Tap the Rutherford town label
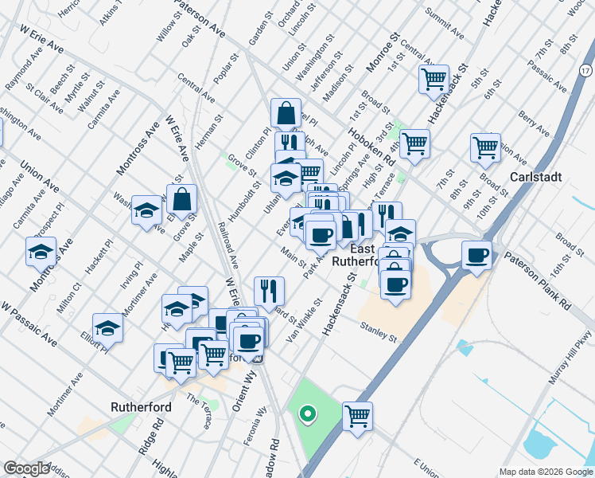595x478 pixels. (x=142, y=406)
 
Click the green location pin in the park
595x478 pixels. (x=305, y=413)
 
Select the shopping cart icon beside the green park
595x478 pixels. (x=358, y=415)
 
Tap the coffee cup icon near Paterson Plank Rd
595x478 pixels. (x=476, y=255)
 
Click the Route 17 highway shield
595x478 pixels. (x=585, y=71)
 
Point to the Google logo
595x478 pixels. (x=26, y=468)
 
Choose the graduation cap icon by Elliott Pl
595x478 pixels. (x=107, y=328)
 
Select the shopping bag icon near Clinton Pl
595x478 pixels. (x=286, y=113)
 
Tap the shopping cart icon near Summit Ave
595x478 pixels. (x=434, y=79)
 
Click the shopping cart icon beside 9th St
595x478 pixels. (x=485, y=147)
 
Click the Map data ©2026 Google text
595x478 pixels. (x=546, y=472)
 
